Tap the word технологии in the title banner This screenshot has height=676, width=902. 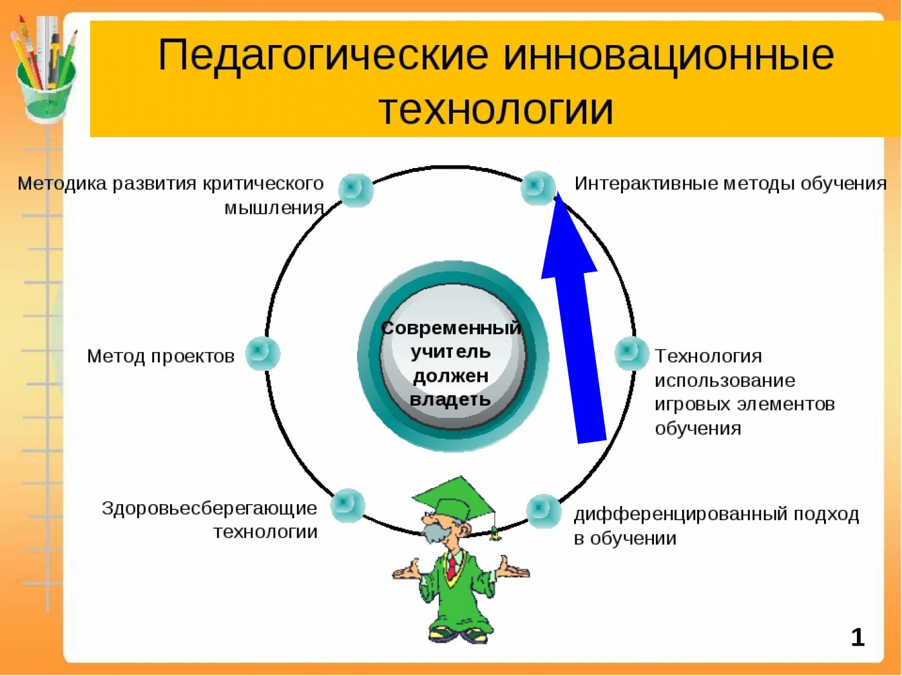click(x=495, y=109)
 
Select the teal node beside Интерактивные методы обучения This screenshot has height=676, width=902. click(x=537, y=187)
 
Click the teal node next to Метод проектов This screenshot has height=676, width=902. click(x=262, y=353)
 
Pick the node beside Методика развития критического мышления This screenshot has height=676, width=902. click(x=355, y=189)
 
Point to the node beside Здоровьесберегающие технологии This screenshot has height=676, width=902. click(x=348, y=505)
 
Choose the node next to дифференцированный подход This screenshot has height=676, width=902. click(x=544, y=511)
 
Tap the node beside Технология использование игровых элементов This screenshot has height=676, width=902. click(x=631, y=353)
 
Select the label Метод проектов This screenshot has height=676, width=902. click(x=160, y=356)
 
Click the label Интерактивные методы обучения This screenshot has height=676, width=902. click(x=730, y=183)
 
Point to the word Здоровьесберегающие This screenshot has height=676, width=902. click(x=209, y=508)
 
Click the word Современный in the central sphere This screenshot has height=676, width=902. click(x=451, y=328)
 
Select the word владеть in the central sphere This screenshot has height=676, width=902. click(x=450, y=400)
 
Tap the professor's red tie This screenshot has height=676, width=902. click(x=453, y=567)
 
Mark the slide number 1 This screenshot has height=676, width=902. click(x=857, y=637)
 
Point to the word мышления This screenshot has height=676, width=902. click(x=274, y=208)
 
